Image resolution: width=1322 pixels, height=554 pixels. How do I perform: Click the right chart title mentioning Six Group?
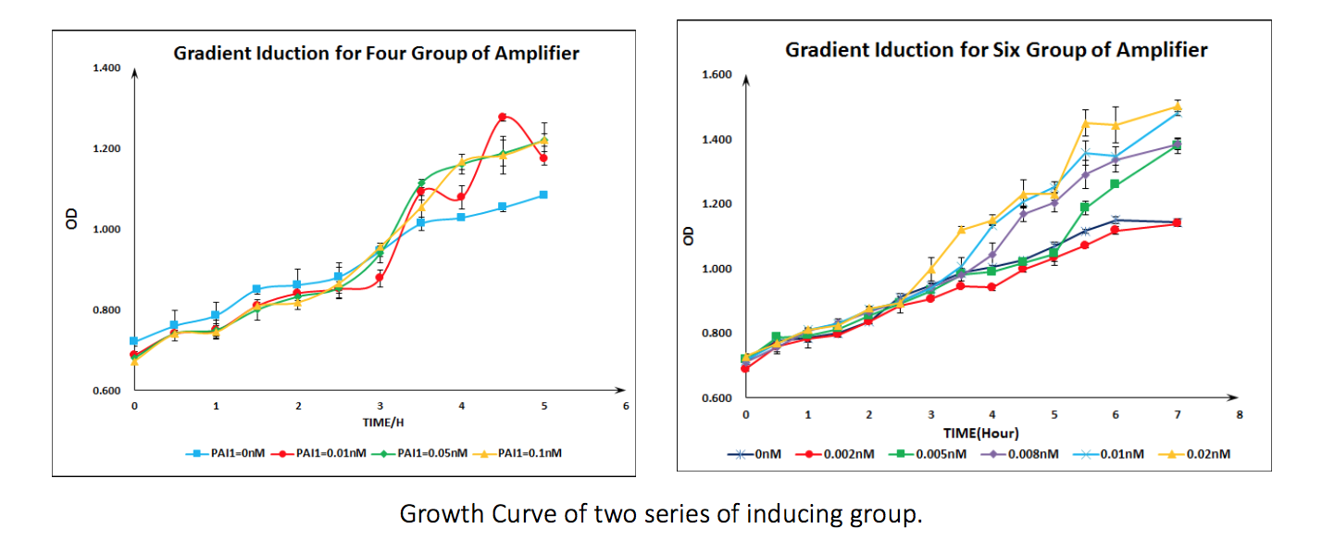pyautogui.click(x=996, y=50)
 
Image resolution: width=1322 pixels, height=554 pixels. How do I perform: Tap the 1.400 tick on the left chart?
pyautogui.click(x=107, y=69)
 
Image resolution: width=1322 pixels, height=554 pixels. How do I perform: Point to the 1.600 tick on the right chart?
pyautogui.click(x=718, y=75)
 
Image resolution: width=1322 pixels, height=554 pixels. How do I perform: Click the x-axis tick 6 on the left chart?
pyautogui.click(x=626, y=406)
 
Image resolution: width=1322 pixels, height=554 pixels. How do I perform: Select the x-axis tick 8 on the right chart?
pyautogui.click(x=1239, y=414)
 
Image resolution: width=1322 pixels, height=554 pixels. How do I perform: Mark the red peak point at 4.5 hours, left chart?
pyautogui.click(x=503, y=117)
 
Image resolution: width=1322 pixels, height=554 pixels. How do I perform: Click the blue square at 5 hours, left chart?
pyautogui.click(x=543, y=195)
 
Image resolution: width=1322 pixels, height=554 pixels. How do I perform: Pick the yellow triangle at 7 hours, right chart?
pyautogui.click(x=1177, y=106)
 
